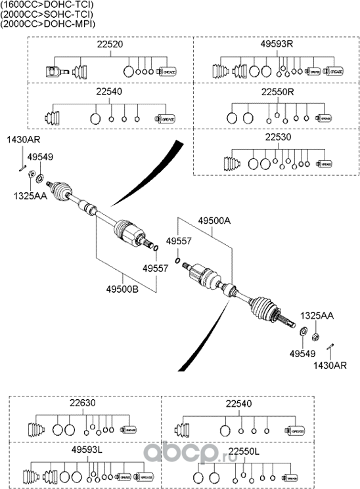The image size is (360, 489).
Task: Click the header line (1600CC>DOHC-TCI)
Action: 47,5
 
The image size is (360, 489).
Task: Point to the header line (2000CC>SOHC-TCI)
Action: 47,14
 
